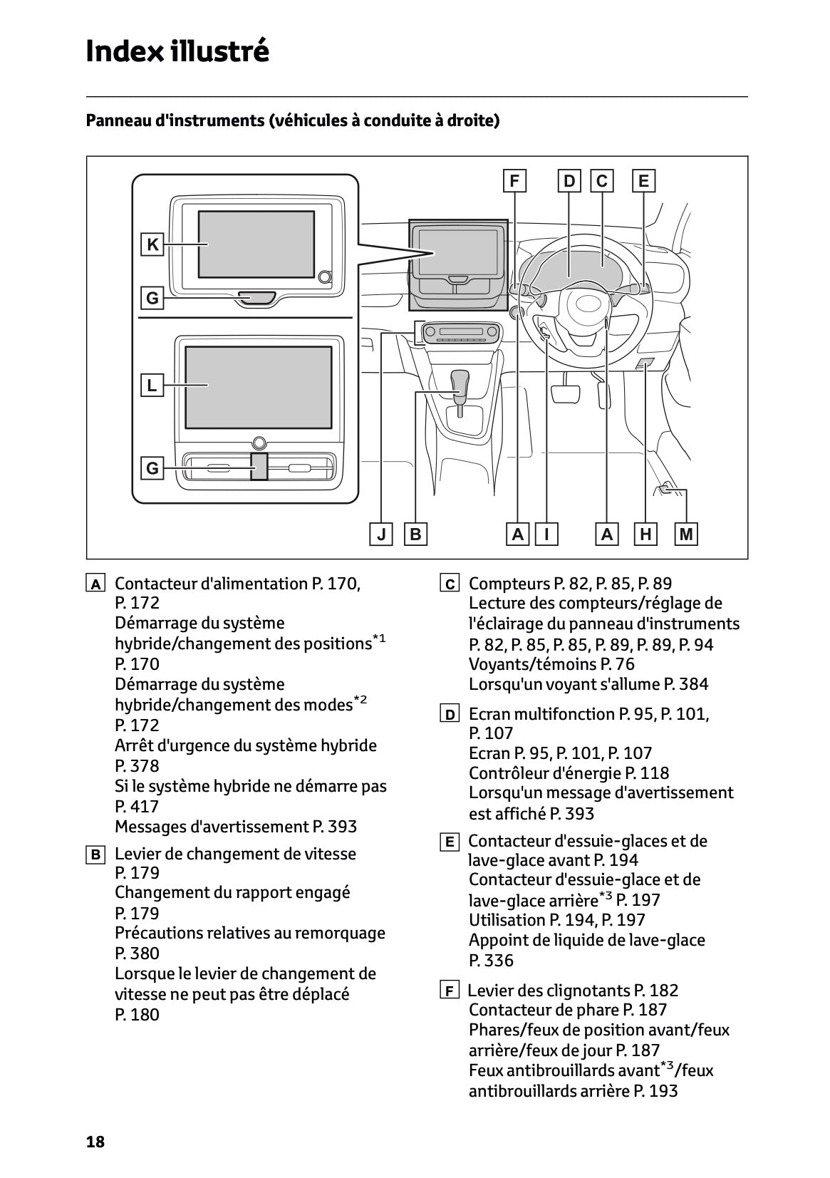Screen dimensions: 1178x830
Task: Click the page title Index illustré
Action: (177, 51)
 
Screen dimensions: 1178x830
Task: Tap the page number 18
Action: (95, 1142)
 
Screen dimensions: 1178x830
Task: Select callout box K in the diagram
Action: (152, 244)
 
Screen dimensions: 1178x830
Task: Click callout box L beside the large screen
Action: (152, 385)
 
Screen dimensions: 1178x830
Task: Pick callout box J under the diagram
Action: (381, 534)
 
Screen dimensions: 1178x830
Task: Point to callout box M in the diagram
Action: (686, 534)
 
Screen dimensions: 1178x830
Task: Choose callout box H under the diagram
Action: (645, 534)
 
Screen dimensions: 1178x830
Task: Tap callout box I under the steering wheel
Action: (546, 534)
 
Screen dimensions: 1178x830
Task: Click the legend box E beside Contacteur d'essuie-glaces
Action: (450, 842)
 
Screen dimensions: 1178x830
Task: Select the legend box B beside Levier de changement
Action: (95, 854)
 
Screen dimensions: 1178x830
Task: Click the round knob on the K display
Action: (325, 277)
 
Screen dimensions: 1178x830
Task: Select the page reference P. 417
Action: (137, 806)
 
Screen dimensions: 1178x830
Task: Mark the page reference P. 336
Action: (491, 961)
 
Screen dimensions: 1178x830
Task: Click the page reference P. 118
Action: (647, 773)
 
